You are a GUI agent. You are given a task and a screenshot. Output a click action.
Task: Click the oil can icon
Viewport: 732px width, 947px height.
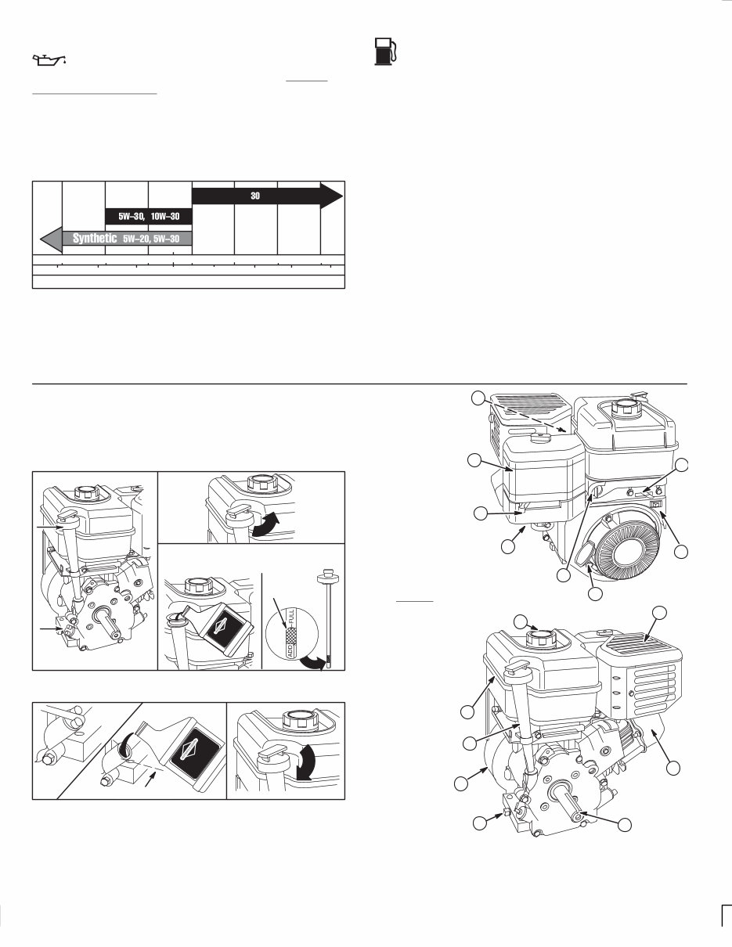tap(48, 59)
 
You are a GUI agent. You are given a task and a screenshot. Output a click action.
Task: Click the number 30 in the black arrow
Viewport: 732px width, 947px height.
tap(255, 196)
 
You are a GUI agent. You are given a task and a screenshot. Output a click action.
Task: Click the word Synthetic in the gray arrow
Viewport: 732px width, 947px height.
tap(95, 238)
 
